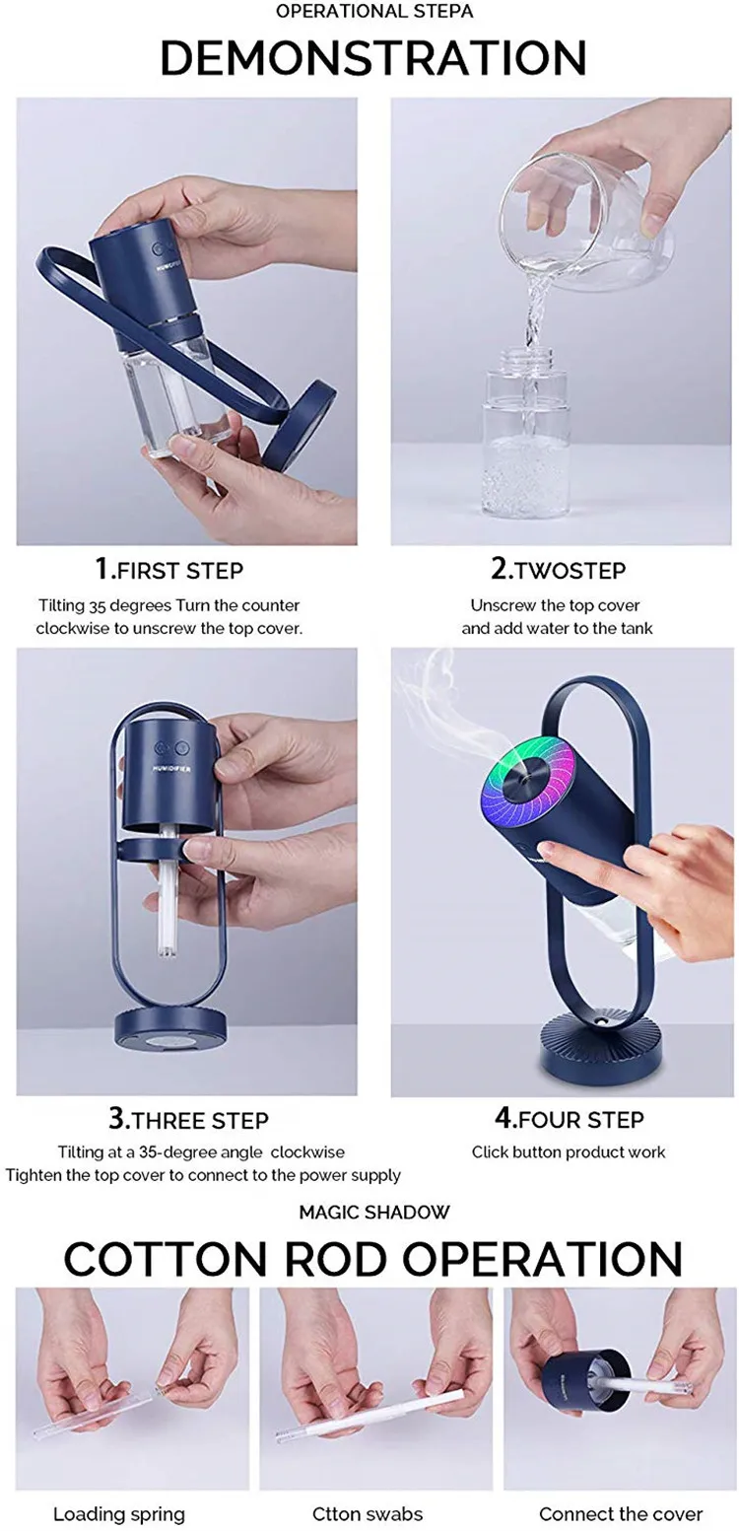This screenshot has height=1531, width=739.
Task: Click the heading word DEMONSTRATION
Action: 372,58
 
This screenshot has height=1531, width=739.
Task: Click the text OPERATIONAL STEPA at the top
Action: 371,12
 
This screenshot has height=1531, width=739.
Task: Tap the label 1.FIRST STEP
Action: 168,570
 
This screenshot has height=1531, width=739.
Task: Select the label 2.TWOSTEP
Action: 558,570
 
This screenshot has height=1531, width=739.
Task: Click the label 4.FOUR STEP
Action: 569,1119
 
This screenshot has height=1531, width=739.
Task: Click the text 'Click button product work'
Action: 569,1151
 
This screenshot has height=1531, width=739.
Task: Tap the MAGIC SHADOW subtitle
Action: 373,1212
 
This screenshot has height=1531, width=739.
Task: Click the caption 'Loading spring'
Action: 118,1513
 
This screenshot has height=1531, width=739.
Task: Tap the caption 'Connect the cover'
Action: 621,1513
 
